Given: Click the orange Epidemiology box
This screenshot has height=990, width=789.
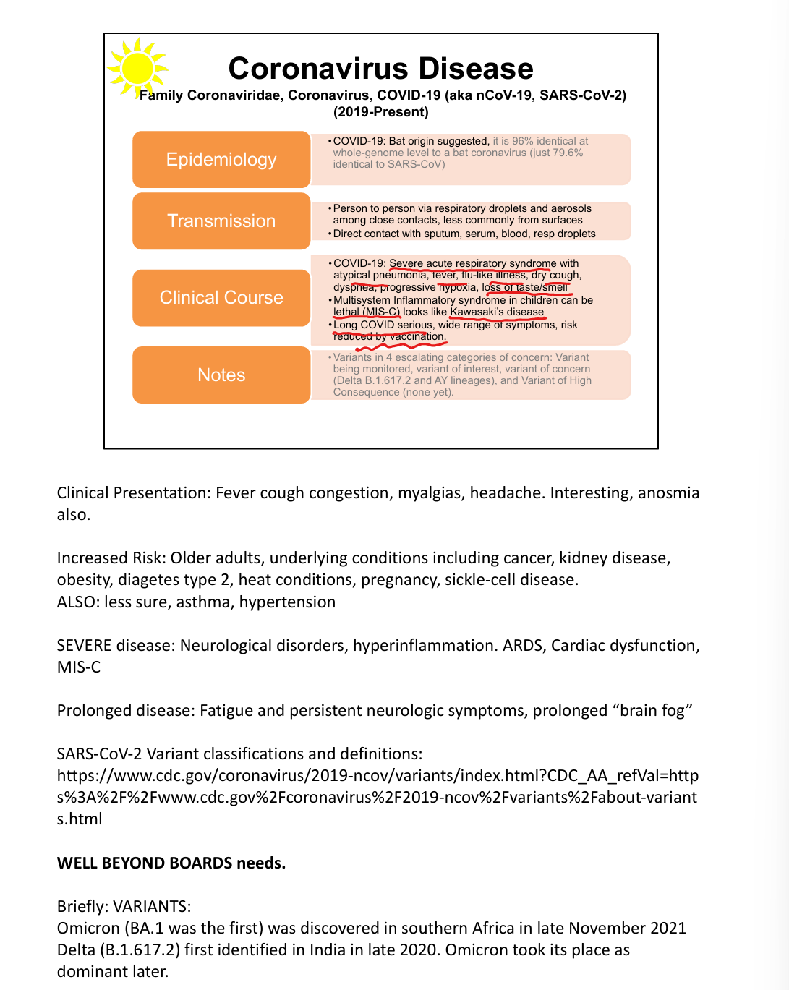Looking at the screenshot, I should [221, 159].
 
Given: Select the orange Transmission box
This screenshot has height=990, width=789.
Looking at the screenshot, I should [221, 221].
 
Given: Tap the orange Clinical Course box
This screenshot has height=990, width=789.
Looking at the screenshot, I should [221, 297].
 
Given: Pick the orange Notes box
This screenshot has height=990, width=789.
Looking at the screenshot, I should [221, 375].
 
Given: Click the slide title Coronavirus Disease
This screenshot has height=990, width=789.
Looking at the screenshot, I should [380, 69].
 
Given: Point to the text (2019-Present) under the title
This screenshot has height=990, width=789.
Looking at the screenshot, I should [380, 112].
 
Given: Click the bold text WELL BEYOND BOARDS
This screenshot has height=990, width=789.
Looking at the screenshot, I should [145, 863].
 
